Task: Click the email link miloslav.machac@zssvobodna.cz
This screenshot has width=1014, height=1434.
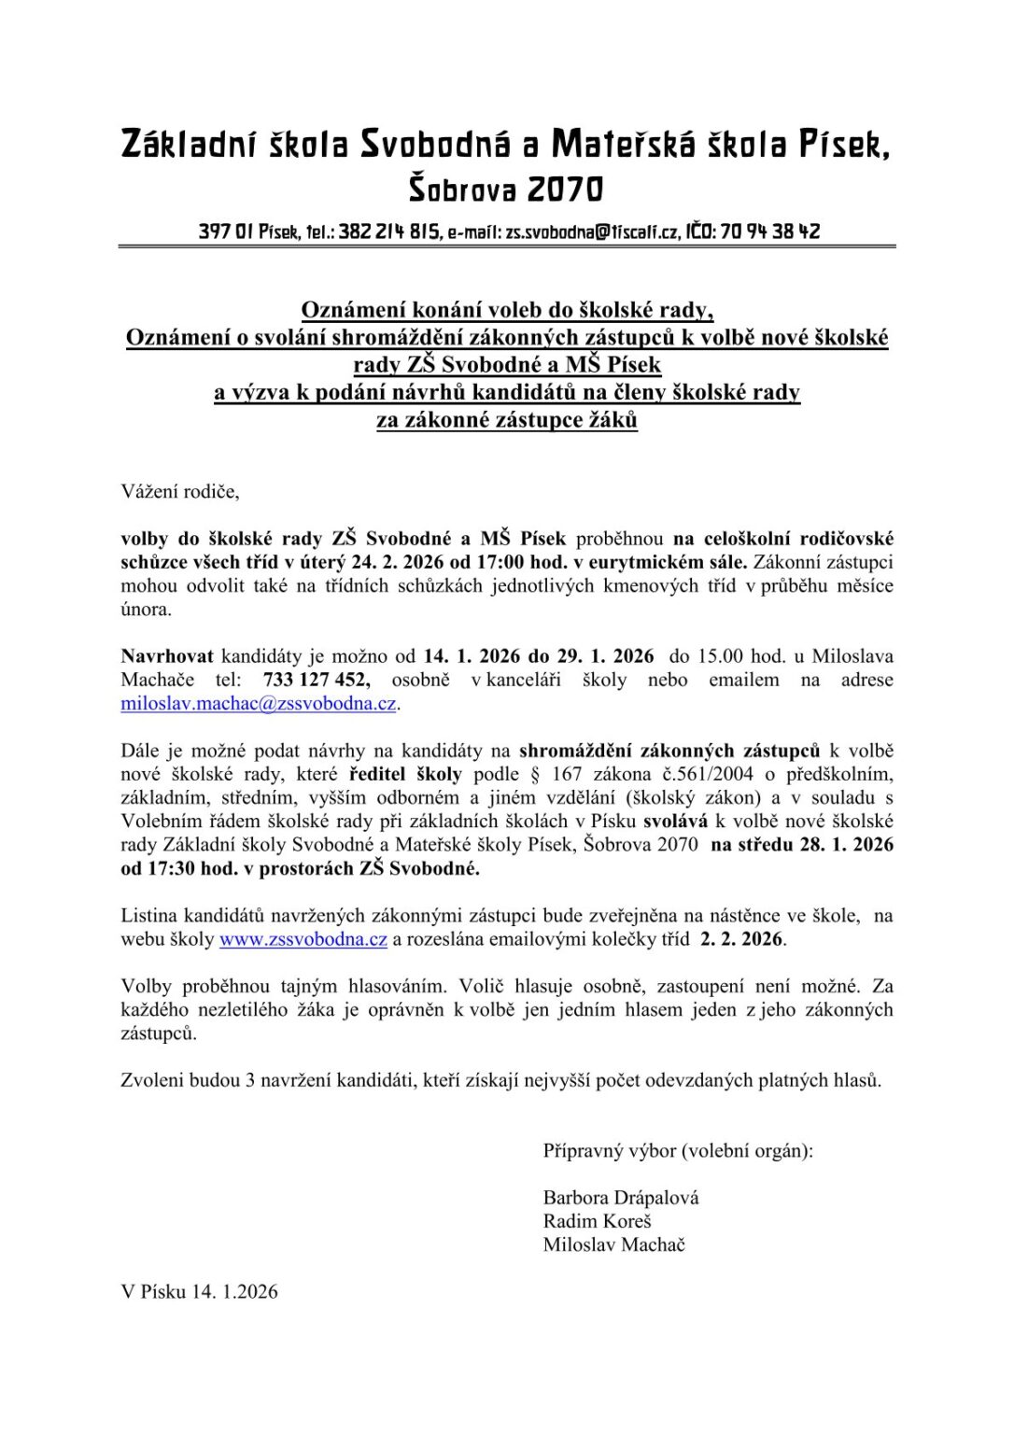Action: click(x=259, y=704)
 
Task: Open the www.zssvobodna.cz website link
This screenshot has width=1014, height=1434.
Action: click(x=303, y=939)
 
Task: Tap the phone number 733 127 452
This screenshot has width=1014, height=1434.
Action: click(x=316, y=680)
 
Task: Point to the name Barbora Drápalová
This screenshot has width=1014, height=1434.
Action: click(x=620, y=1198)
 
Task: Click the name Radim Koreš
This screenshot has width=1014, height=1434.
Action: click(x=597, y=1221)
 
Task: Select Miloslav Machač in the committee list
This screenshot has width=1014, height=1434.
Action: click(x=613, y=1244)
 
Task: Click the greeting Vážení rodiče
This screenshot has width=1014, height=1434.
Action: click(x=180, y=491)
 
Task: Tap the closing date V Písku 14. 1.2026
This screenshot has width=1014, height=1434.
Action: click(x=199, y=1292)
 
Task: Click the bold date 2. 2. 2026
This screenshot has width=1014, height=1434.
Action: click(x=741, y=939)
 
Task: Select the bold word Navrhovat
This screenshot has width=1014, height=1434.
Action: click(x=167, y=656)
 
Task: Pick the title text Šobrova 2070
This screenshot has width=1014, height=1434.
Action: click(x=506, y=190)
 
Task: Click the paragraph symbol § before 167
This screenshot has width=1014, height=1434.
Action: click(x=534, y=774)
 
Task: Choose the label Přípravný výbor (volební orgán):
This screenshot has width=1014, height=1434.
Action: click(x=678, y=1151)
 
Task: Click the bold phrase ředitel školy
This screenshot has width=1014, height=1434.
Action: click(x=405, y=774)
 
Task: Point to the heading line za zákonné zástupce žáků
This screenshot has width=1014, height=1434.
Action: click(x=506, y=420)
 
